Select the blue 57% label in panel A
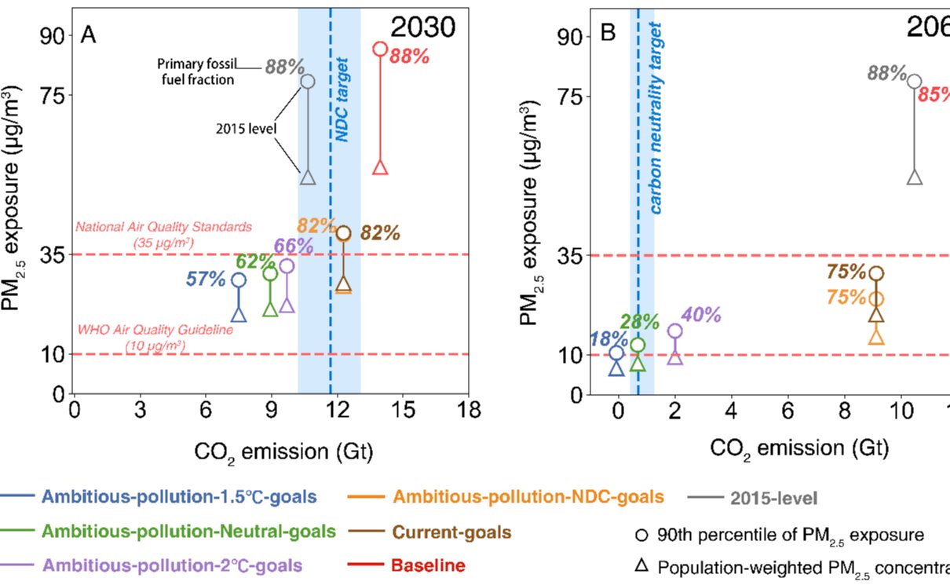[206, 279]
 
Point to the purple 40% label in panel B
[701, 316]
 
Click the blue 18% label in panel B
[608, 338]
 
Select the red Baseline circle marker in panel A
[380, 49]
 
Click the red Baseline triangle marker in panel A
[380, 167]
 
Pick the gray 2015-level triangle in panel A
[308, 178]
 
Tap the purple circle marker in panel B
[674, 331]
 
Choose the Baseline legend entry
[429, 565]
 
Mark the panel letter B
[608, 34]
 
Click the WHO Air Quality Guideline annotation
[155, 337]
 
